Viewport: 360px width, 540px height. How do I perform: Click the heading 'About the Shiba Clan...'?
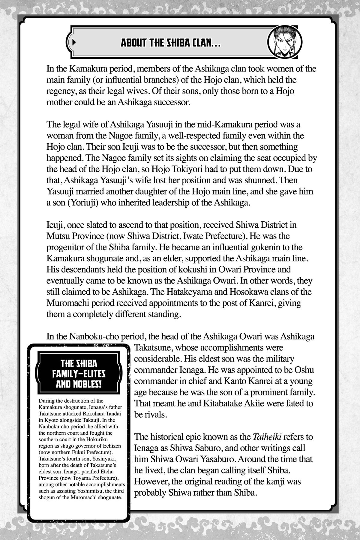[x=171, y=43]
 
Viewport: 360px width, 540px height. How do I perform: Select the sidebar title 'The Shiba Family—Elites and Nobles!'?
[x=79, y=374]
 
